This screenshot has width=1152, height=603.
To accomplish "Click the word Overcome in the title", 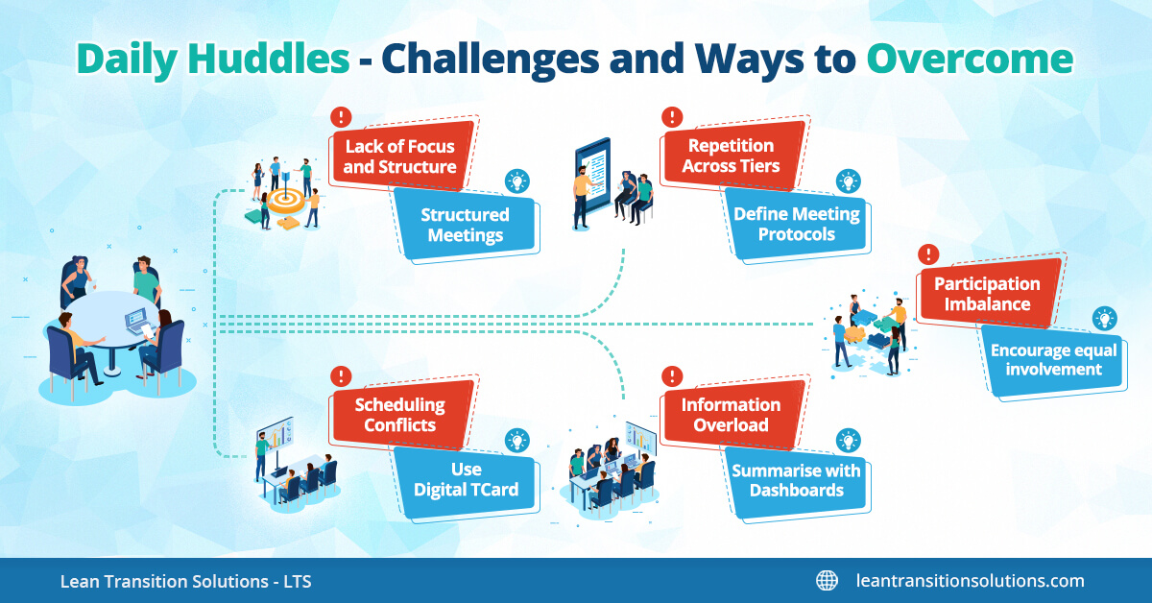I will (970, 60).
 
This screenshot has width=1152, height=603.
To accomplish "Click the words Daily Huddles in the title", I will (213, 60).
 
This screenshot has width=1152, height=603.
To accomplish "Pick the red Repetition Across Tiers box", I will (732, 156).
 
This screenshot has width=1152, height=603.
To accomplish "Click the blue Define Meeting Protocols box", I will (797, 224).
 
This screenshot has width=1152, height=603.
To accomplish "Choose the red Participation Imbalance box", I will (988, 294).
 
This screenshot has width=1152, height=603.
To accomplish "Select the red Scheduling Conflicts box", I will (400, 415).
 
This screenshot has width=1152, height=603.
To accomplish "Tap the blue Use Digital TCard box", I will (466, 481).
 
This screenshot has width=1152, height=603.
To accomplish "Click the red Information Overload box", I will (732, 415).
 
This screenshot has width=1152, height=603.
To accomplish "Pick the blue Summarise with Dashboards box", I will (797, 481).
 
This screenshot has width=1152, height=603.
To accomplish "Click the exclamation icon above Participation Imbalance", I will (927, 253).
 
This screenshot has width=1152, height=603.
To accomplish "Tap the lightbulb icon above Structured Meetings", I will (517, 181).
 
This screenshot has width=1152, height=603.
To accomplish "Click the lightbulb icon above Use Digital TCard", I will (517, 440).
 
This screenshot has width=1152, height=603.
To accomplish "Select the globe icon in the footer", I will (827, 581).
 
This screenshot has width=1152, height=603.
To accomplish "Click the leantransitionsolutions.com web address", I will (970, 581).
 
